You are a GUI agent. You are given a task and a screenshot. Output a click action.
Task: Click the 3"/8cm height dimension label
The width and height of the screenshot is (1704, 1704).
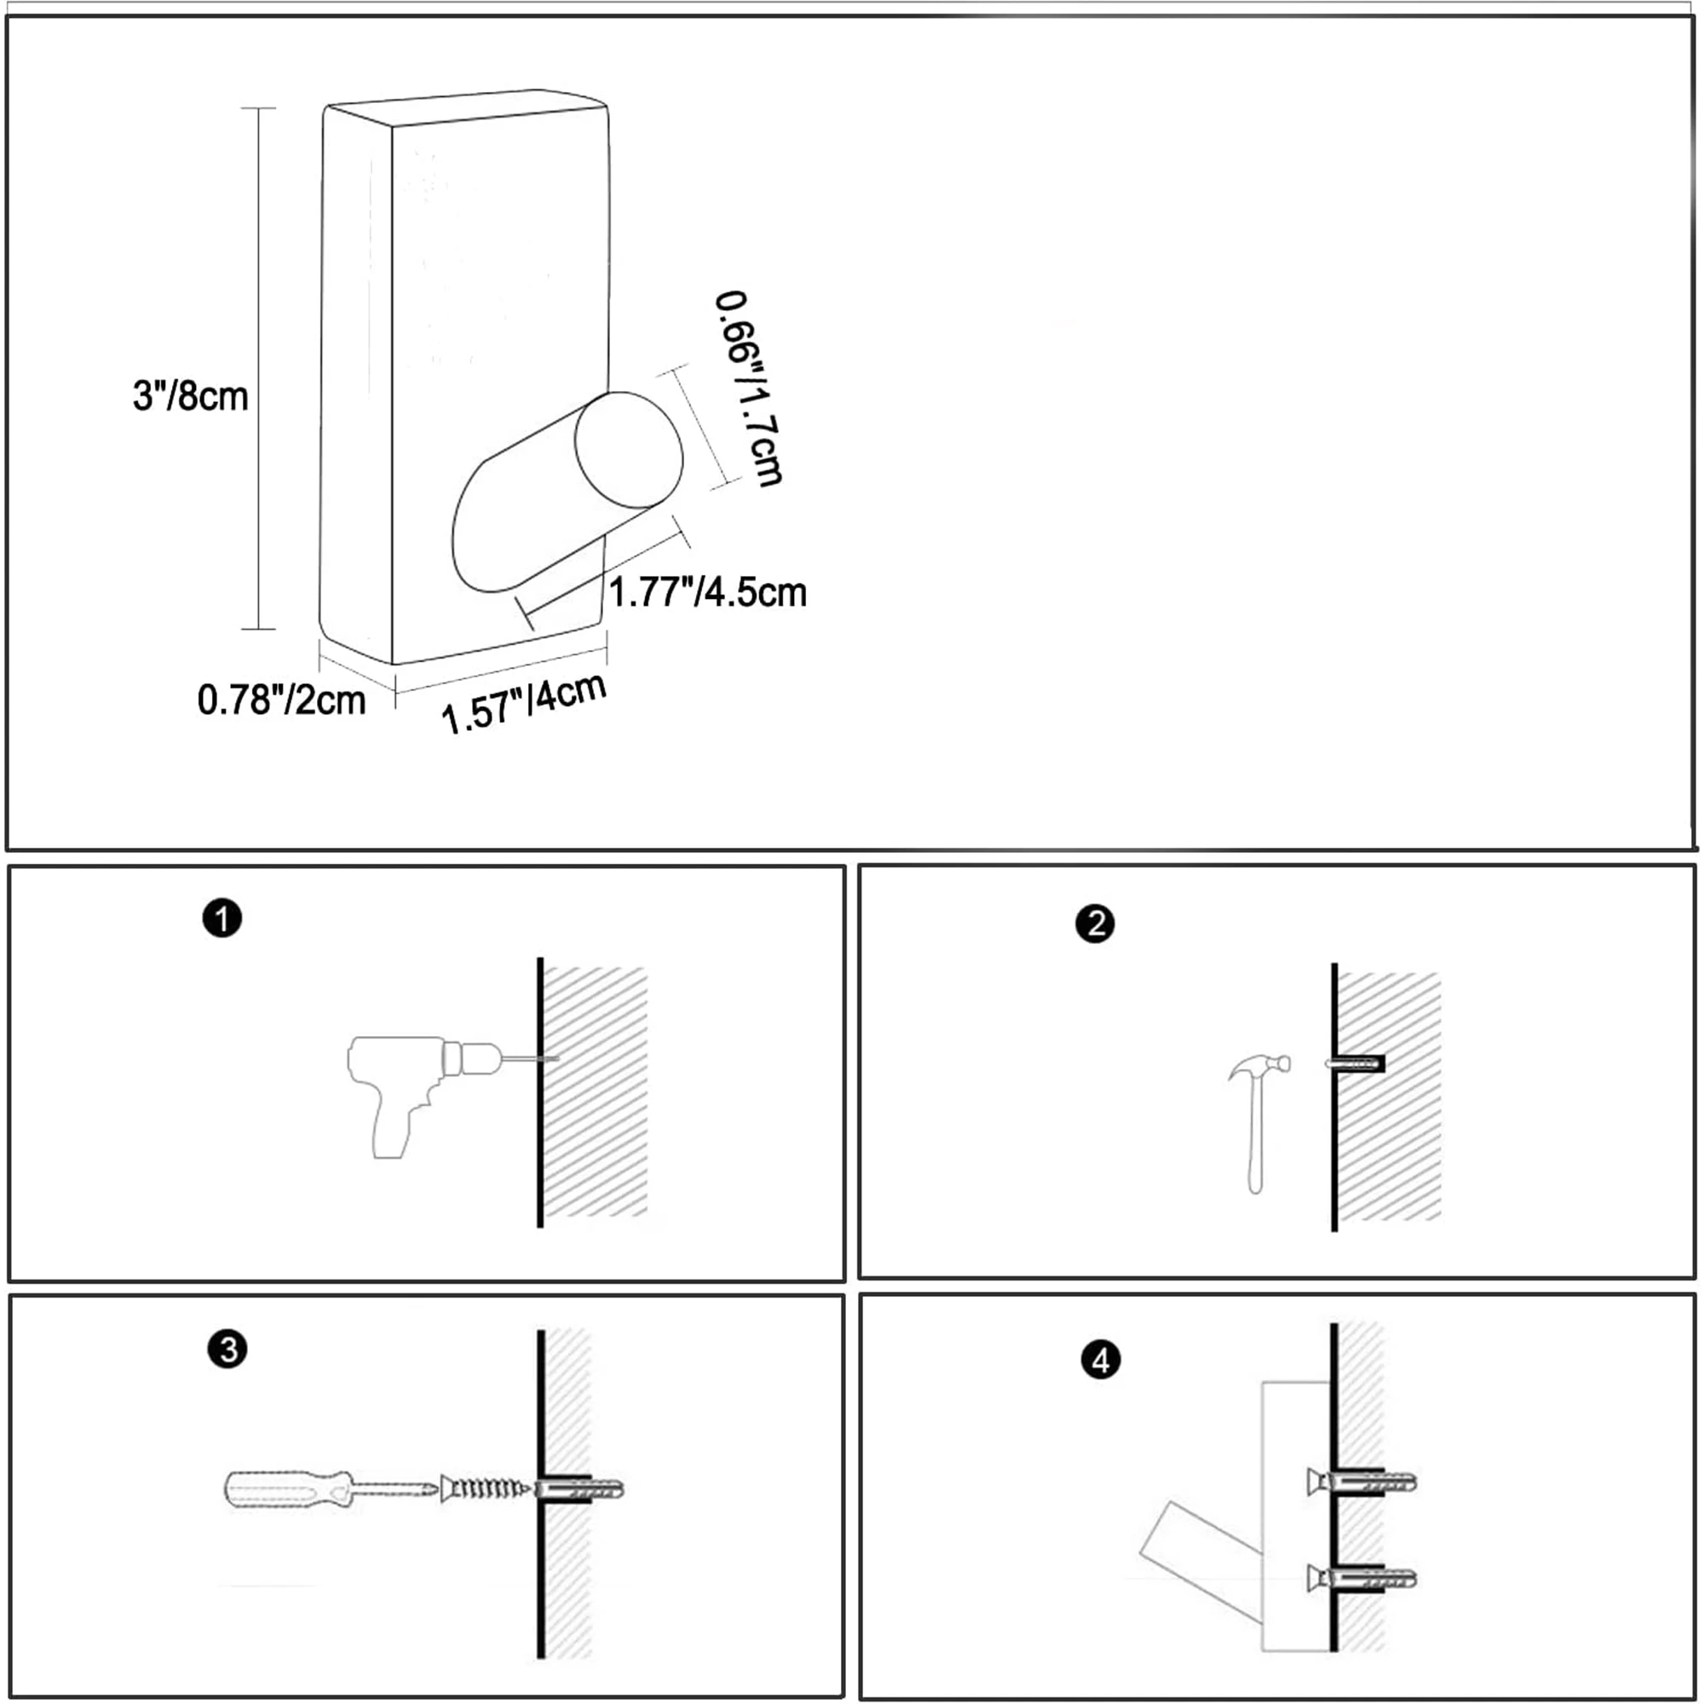(191, 396)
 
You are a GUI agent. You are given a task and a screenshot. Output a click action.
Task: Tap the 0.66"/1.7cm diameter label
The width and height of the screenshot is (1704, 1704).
(748, 388)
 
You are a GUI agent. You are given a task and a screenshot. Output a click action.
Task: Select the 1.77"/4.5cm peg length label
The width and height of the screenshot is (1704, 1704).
(707, 592)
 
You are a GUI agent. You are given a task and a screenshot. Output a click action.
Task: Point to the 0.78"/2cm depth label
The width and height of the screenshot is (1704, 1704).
(281, 700)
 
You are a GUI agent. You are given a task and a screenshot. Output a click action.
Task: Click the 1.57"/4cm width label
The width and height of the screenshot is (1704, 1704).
(524, 703)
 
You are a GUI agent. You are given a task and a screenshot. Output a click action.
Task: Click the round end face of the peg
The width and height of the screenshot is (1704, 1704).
(628, 450)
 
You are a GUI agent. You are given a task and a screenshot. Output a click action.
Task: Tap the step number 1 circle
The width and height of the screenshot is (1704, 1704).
(222, 918)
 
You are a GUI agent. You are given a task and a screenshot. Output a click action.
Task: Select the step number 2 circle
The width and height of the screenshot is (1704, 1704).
(1095, 924)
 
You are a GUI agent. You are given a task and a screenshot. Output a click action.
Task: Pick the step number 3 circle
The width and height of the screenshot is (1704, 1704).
(227, 1350)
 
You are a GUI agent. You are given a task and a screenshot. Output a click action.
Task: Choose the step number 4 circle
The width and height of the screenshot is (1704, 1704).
(1100, 1360)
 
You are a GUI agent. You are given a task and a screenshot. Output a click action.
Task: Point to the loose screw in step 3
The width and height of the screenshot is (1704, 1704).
(485, 1488)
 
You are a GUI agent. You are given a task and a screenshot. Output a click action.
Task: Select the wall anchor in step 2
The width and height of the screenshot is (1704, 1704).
(1355, 1063)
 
